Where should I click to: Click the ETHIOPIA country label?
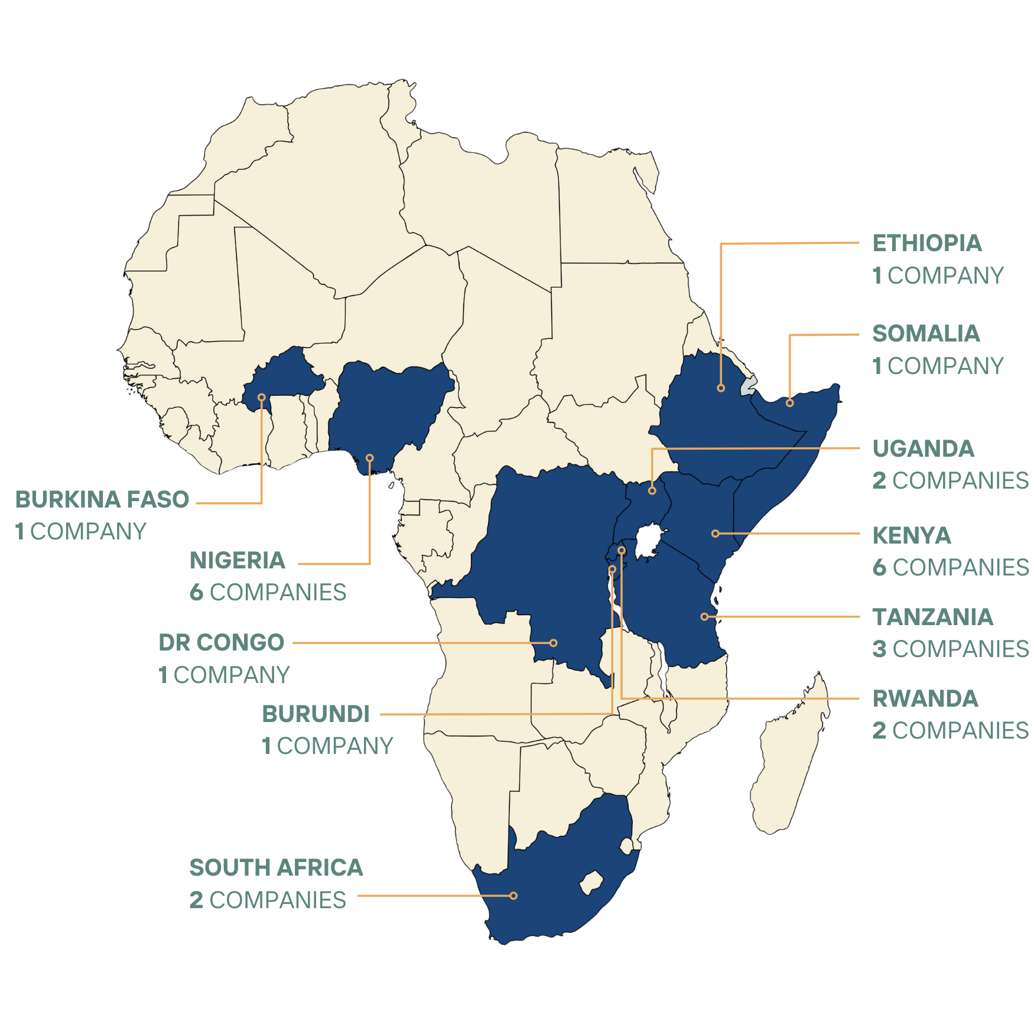tap(926, 243)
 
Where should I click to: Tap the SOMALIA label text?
tap(925, 334)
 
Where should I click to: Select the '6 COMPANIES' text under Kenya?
tap(950, 567)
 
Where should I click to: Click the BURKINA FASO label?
tap(102, 499)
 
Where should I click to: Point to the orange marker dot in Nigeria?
tap(370, 458)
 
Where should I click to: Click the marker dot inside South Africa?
tap(513, 896)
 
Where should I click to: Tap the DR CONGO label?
tap(221, 642)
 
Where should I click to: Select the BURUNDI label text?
tap(316, 714)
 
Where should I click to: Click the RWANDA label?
tap(925, 698)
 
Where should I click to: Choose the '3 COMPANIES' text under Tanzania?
tap(950, 649)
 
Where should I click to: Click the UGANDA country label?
tap(923, 448)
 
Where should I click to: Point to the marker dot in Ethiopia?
tap(721, 388)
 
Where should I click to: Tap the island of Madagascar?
tap(789, 762)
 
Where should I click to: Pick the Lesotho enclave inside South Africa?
tap(590, 883)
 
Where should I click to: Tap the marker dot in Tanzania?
tap(704, 616)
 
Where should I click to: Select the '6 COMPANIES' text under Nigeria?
tap(268, 592)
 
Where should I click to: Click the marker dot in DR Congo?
tap(554, 643)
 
